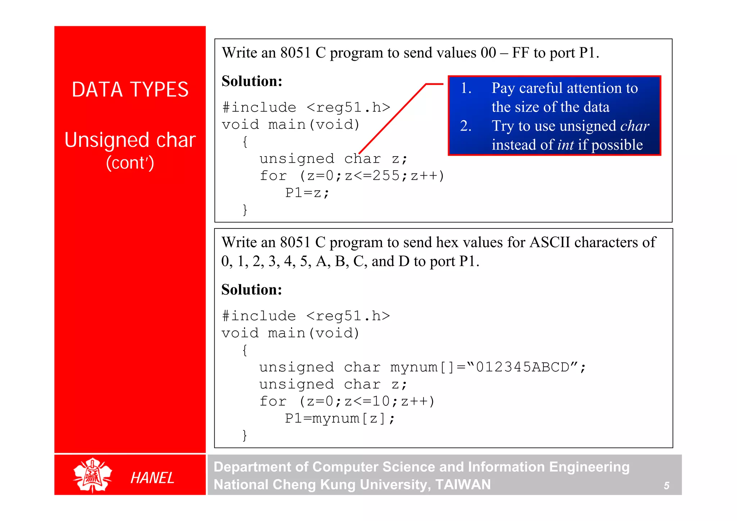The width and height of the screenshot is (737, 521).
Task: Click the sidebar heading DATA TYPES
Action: pos(130,90)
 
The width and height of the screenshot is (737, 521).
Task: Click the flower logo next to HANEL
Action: pos(92,475)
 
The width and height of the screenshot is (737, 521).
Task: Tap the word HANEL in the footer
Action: pos(152,478)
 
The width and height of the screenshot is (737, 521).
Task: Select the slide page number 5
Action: pos(666,486)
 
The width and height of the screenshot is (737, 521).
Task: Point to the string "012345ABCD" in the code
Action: pos(522,367)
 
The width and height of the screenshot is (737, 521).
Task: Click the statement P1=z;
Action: pos(307,193)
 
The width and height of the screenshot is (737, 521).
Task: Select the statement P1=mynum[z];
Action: pos(340,418)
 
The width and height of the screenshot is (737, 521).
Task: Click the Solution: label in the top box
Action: pos(252,81)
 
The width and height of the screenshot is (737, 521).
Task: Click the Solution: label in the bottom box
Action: pos(252,290)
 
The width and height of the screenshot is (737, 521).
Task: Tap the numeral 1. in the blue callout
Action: pos(466,88)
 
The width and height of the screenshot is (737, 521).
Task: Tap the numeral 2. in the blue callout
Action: pos(466,126)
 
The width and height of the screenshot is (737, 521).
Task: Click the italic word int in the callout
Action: pos(565,145)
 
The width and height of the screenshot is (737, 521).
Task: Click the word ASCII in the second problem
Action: pos(550,243)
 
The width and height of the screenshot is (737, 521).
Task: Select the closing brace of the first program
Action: pos(245,210)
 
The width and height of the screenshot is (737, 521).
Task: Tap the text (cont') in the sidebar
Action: pos(130,163)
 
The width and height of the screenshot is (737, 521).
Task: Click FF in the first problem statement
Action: pos(521,53)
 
